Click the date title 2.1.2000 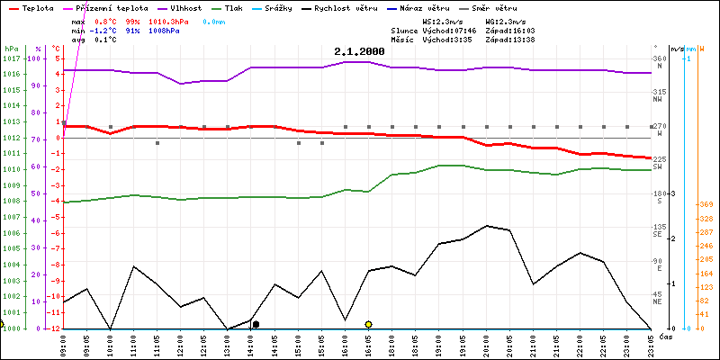(359, 52)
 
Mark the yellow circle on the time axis (369, 324)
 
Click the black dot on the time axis (256, 324)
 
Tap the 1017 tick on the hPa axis (12, 58)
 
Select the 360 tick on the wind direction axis (660, 58)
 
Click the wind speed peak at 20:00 (487, 226)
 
